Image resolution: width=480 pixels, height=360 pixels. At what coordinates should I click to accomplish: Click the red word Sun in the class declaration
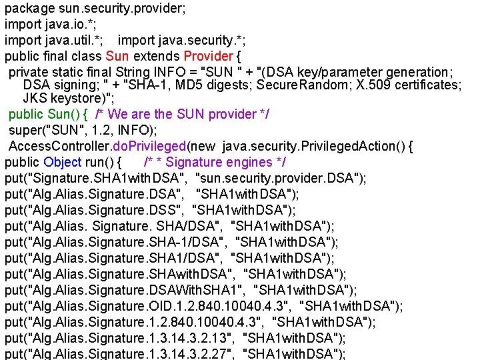pyautogui.click(x=117, y=56)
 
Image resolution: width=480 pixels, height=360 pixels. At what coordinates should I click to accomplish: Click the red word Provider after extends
pyautogui.click(x=208, y=56)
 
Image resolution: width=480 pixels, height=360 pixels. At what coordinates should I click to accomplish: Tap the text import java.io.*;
pyautogui.click(x=47, y=25)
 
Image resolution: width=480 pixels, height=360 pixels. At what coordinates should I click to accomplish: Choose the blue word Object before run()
pyautogui.click(x=63, y=162)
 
